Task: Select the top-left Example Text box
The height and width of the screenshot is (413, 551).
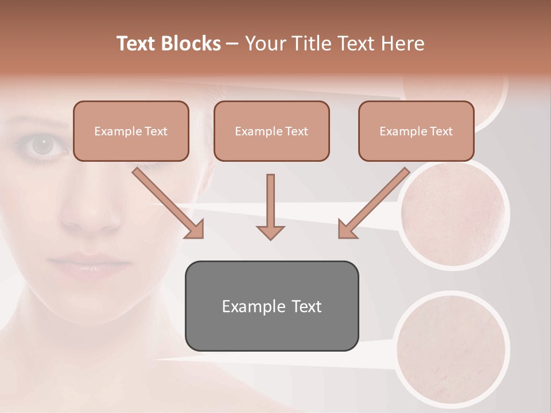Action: [x=131, y=131]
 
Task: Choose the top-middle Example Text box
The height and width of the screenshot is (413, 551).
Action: [x=271, y=131]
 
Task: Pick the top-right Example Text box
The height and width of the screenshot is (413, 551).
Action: [x=416, y=131]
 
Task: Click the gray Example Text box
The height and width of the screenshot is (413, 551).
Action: [x=271, y=306]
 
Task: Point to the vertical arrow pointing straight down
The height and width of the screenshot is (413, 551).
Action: [x=270, y=206]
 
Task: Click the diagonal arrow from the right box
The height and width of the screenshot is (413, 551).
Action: [x=373, y=202]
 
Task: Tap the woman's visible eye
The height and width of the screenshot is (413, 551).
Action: [x=41, y=145]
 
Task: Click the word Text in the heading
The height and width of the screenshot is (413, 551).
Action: [x=139, y=44]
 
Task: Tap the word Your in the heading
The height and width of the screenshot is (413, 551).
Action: [x=265, y=44]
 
